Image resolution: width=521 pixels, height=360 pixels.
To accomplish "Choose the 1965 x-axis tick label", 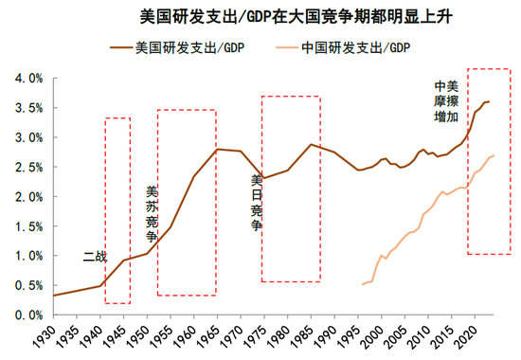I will [x=217, y=337].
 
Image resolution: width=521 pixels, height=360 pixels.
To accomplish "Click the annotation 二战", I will [x=95, y=256].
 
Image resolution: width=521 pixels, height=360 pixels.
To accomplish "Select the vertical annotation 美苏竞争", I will [x=152, y=213].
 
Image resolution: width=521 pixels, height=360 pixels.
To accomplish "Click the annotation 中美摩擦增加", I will [x=445, y=100].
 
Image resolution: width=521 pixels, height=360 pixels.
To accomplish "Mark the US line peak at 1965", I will [x=217, y=149].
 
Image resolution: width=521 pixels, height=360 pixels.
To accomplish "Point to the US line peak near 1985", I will [x=310, y=144].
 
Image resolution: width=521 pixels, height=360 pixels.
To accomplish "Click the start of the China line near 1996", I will [x=362, y=284].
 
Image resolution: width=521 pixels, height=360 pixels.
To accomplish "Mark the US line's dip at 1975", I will [x=262, y=178].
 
